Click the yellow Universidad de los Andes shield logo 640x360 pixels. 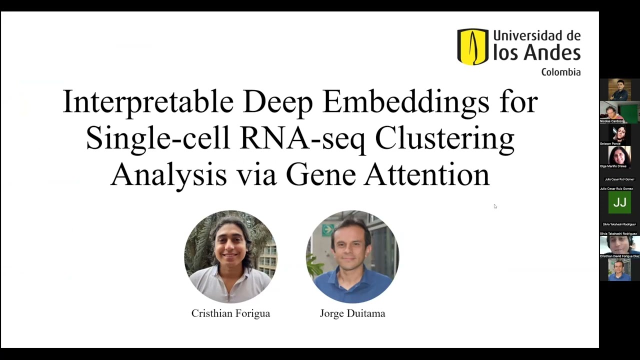point(472,46)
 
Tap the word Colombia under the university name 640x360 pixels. point(560,72)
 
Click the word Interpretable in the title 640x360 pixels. point(148,102)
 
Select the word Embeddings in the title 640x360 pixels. point(405,102)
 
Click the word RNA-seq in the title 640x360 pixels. point(302,138)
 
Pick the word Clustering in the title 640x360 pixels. point(444,138)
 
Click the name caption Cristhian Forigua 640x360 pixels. point(230,313)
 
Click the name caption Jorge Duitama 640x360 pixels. point(352,313)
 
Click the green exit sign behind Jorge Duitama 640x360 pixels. point(328,230)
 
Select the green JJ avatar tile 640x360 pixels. point(619,202)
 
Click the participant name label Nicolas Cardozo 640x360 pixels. point(611,121)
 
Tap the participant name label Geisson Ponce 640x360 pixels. point(610,143)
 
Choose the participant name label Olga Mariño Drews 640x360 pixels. point(613,166)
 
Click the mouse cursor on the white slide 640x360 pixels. point(495,206)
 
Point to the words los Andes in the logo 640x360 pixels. point(536,52)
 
